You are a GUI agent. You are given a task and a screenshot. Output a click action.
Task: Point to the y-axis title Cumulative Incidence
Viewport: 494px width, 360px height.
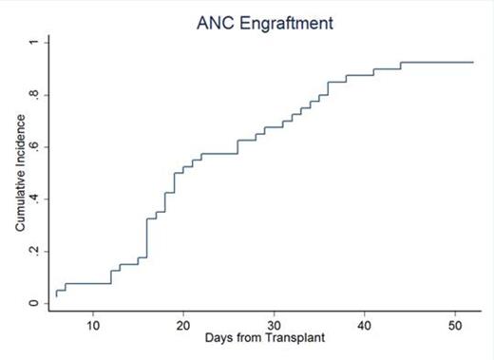(x=20, y=172)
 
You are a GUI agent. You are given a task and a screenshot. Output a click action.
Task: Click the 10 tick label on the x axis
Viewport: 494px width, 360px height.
(x=93, y=325)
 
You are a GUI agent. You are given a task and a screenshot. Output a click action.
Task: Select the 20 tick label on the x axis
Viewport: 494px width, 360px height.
(x=183, y=325)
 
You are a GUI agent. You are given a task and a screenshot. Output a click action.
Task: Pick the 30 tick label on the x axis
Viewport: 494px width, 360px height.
(x=274, y=325)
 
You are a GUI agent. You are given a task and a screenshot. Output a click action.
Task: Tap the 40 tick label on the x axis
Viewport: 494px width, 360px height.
(x=364, y=325)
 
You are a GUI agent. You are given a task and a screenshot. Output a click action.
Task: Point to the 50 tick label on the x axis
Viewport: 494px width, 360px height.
(x=454, y=325)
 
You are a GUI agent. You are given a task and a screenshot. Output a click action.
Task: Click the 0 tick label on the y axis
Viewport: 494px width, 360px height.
(x=33, y=304)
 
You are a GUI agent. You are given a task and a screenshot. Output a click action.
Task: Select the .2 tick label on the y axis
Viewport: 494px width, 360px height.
(x=33, y=252)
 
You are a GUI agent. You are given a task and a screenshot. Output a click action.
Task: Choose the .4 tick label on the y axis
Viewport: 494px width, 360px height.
(x=33, y=199)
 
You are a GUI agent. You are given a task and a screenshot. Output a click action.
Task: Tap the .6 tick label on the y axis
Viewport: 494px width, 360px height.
(x=33, y=147)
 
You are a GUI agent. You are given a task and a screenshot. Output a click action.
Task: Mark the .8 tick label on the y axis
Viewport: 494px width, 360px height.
(x=33, y=95)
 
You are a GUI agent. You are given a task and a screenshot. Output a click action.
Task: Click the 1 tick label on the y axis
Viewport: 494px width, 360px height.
(x=33, y=43)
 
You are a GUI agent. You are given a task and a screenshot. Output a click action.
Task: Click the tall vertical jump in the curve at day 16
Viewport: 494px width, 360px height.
(x=147, y=237)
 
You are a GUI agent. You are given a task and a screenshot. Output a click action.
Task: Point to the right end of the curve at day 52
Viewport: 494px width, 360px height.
(x=472, y=62)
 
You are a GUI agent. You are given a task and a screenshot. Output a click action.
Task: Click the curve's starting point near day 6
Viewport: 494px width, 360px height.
(x=57, y=295)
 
